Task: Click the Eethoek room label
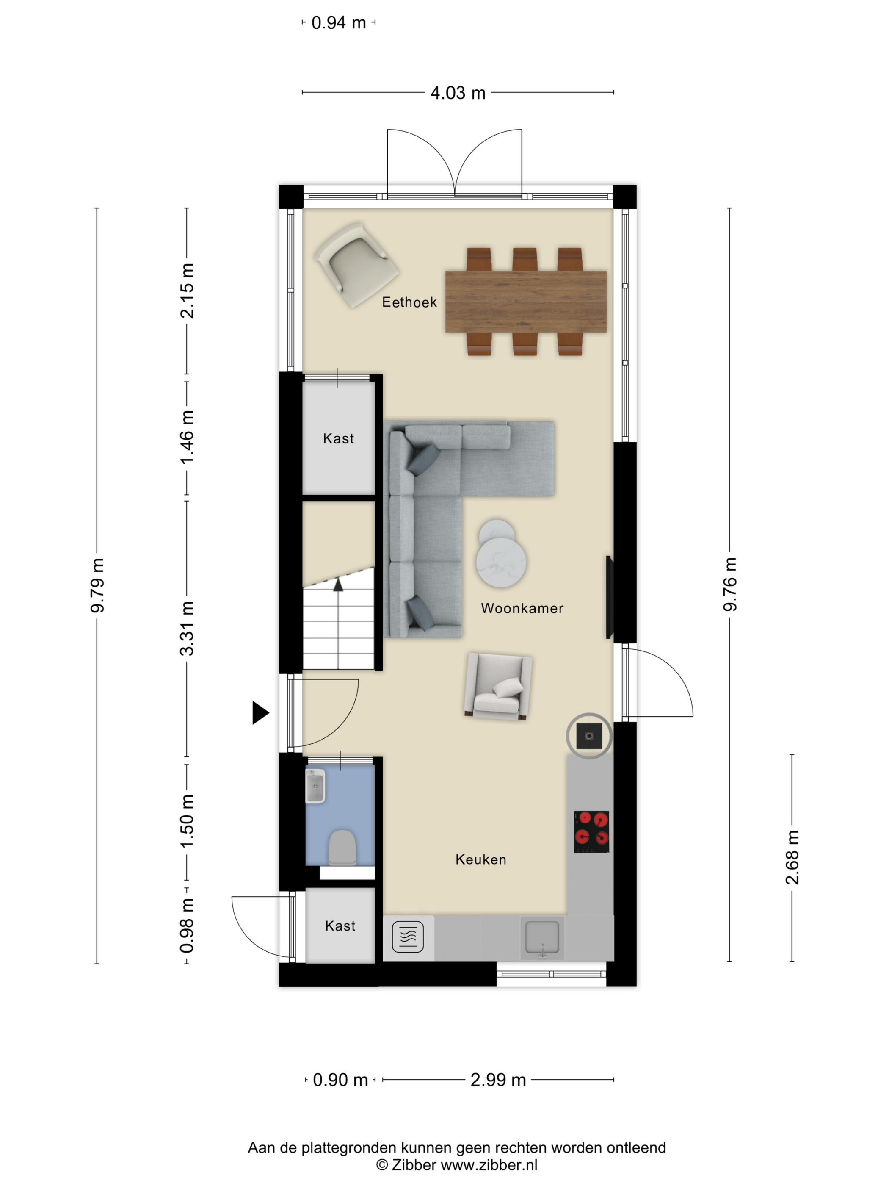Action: (x=409, y=302)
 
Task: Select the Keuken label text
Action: (x=480, y=859)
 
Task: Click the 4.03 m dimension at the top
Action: (x=458, y=93)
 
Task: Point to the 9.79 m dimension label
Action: (x=97, y=585)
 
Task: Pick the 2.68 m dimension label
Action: (x=792, y=857)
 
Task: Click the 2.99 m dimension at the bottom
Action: (x=498, y=1080)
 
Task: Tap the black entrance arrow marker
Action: (x=260, y=713)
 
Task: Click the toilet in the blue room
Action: (x=342, y=847)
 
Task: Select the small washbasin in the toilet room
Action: (x=315, y=786)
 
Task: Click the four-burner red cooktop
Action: (x=591, y=831)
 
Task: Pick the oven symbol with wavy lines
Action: (x=408, y=936)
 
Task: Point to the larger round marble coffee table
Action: (x=501, y=561)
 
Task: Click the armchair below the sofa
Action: (x=498, y=686)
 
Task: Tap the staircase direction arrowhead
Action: (x=338, y=585)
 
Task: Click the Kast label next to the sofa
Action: (x=338, y=438)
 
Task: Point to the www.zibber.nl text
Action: (x=489, y=1164)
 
